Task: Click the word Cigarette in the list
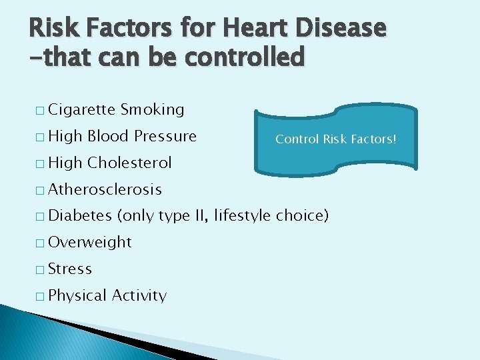click(x=82, y=109)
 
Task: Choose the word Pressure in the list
click(x=165, y=136)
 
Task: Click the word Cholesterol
click(x=129, y=163)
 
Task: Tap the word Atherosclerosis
click(x=105, y=189)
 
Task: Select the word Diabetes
click(x=81, y=216)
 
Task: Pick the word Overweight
click(x=91, y=242)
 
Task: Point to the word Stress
click(x=70, y=269)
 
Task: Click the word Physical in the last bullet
click(x=78, y=295)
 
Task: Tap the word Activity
click(x=139, y=295)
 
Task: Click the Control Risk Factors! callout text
click(x=336, y=139)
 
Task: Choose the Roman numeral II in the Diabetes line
click(x=200, y=216)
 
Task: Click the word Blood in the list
click(x=108, y=136)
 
